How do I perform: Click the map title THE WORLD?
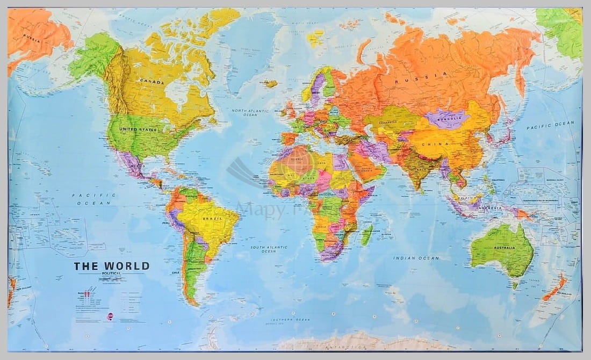coord(112,266)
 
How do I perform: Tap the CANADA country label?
coord(152,81)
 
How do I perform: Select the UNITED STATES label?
coord(139,130)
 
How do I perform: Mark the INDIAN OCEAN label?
coord(416,258)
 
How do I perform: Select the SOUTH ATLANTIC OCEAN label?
coord(269,249)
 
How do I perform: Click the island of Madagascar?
coord(367,235)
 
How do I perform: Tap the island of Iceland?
coord(271,84)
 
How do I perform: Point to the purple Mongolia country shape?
coord(448,119)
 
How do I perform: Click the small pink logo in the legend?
coord(110,316)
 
